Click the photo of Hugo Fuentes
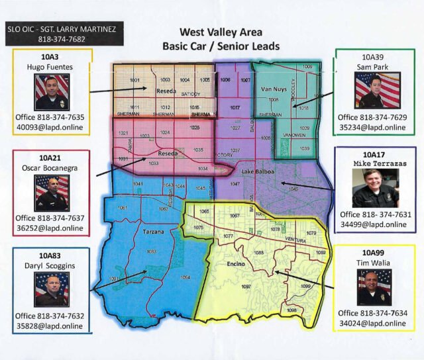[x=52, y=92]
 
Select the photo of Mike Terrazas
[x=376, y=188]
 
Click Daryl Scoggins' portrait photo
[x=52, y=289]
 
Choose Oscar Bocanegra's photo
[x=52, y=193]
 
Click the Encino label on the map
[x=235, y=263]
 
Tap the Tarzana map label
[x=153, y=232]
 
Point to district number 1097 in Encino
[x=246, y=287]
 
